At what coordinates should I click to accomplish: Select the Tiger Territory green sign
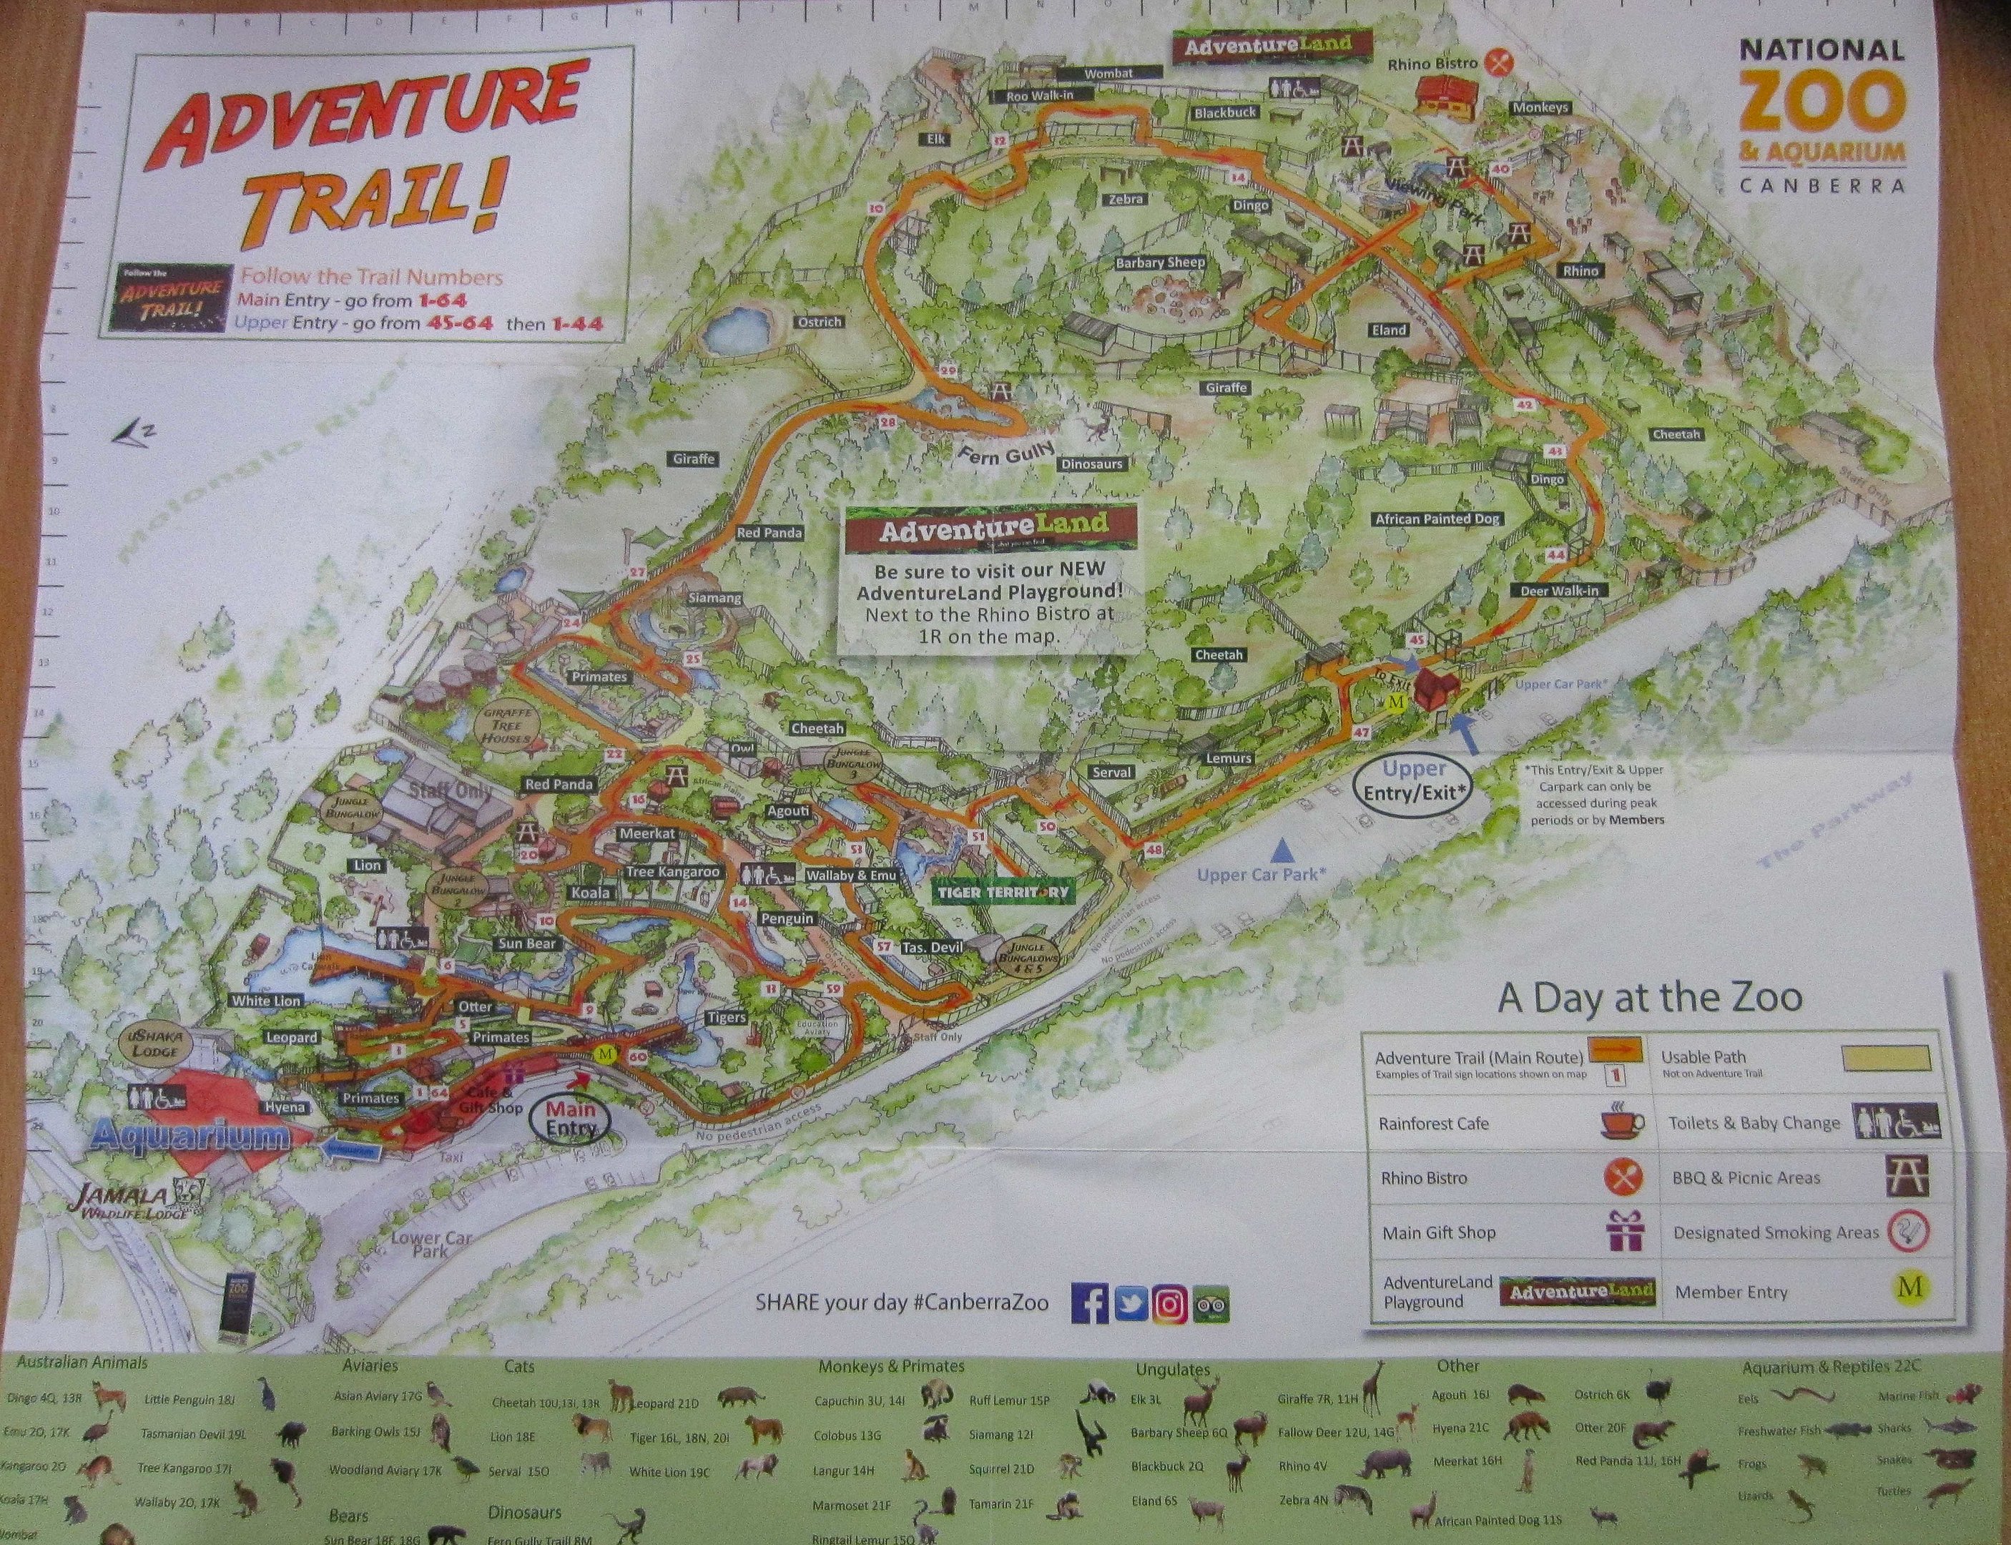click(1004, 891)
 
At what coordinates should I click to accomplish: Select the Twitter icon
click(1129, 1305)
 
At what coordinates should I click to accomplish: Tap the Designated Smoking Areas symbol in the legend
click(1909, 1232)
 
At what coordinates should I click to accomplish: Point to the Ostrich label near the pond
click(820, 323)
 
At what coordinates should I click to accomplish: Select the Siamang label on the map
click(714, 598)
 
